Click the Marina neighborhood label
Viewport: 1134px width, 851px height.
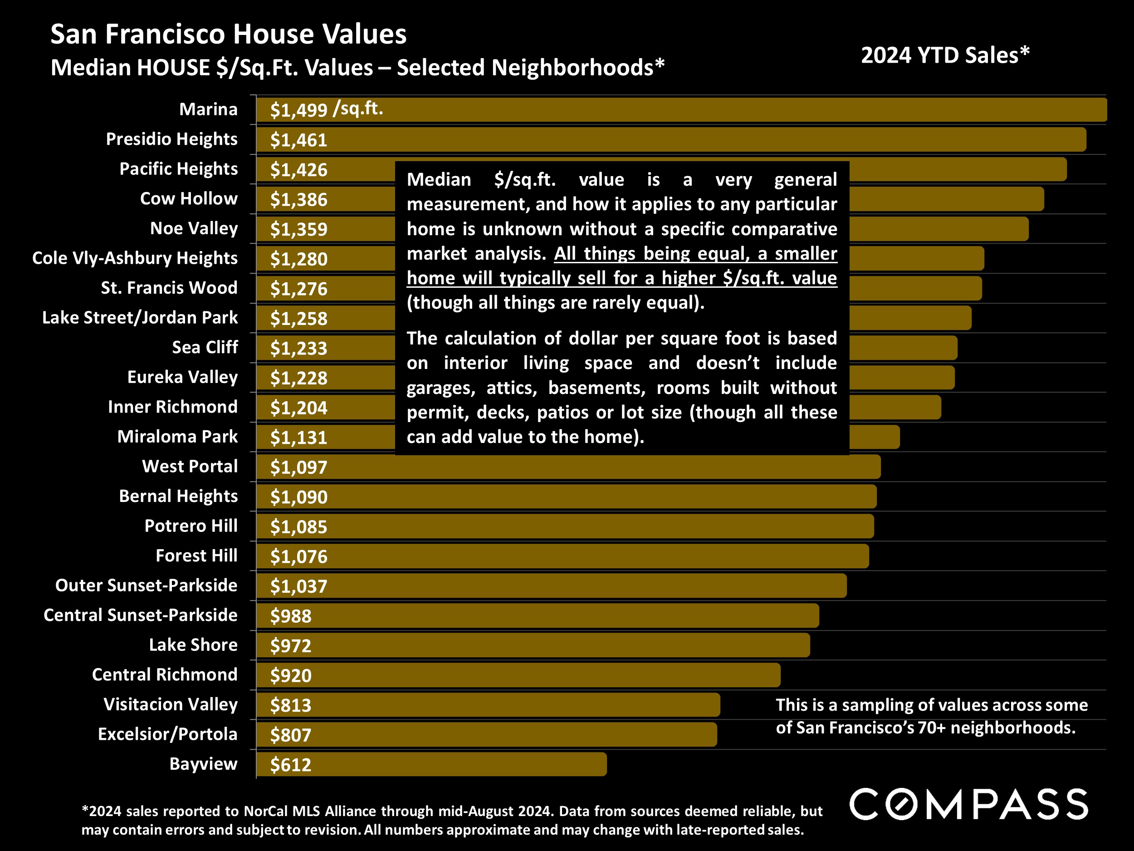click(x=208, y=109)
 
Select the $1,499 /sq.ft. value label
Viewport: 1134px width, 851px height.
click(x=327, y=109)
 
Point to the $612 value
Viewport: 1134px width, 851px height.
click(x=291, y=765)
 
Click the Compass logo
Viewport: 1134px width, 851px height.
click(x=968, y=804)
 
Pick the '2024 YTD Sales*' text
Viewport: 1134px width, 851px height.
click(x=945, y=55)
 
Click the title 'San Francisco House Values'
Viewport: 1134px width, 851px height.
click(x=228, y=34)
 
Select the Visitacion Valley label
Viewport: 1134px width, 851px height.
click(x=170, y=704)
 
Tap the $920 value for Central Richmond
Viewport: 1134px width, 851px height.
click(x=291, y=675)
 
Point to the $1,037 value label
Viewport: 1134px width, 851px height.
click(x=298, y=586)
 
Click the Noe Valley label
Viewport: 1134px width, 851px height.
click(x=194, y=228)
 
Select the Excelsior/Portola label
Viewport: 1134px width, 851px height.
click(x=168, y=734)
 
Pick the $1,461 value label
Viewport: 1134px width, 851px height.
click(x=298, y=140)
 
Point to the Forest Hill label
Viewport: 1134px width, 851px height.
click(x=196, y=556)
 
